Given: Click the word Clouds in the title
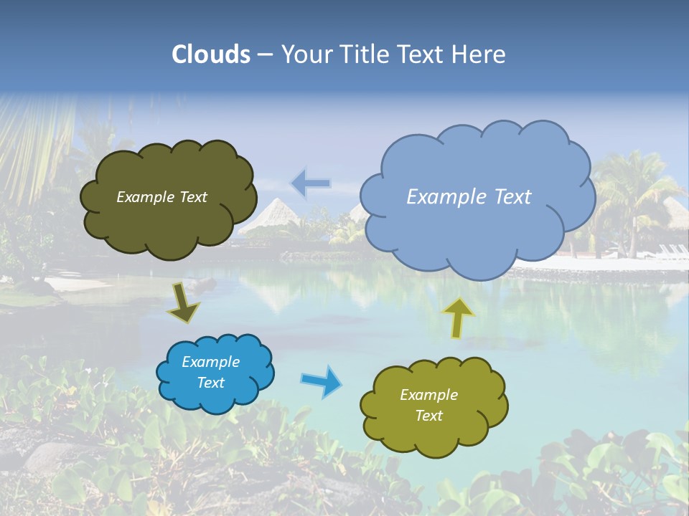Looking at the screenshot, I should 211,54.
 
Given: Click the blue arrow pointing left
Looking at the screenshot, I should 311,183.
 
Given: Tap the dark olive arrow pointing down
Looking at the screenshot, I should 184,302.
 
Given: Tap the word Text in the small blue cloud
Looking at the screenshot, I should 211,383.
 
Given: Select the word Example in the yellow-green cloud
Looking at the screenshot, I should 428,395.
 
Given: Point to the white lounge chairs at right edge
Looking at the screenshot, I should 672,251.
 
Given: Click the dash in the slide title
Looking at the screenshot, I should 265,55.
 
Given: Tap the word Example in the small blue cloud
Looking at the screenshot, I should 211,362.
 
